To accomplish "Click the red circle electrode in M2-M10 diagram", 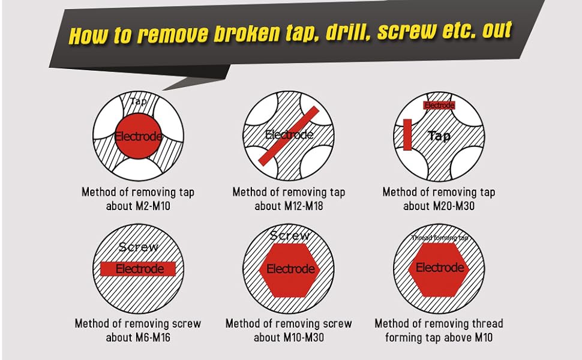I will [x=139, y=137].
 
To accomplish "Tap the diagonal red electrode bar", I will [x=290, y=135].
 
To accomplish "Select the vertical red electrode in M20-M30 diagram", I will [x=407, y=134].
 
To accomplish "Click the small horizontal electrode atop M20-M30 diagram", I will [x=439, y=106].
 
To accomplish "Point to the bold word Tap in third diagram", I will [x=439, y=136].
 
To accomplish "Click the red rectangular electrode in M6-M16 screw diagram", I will [x=139, y=269].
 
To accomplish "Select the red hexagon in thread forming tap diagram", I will [x=440, y=268].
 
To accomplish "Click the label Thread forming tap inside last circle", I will [x=439, y=238].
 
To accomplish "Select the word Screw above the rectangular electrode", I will [x=139, y=247].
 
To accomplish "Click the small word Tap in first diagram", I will [x=138, y=101].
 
